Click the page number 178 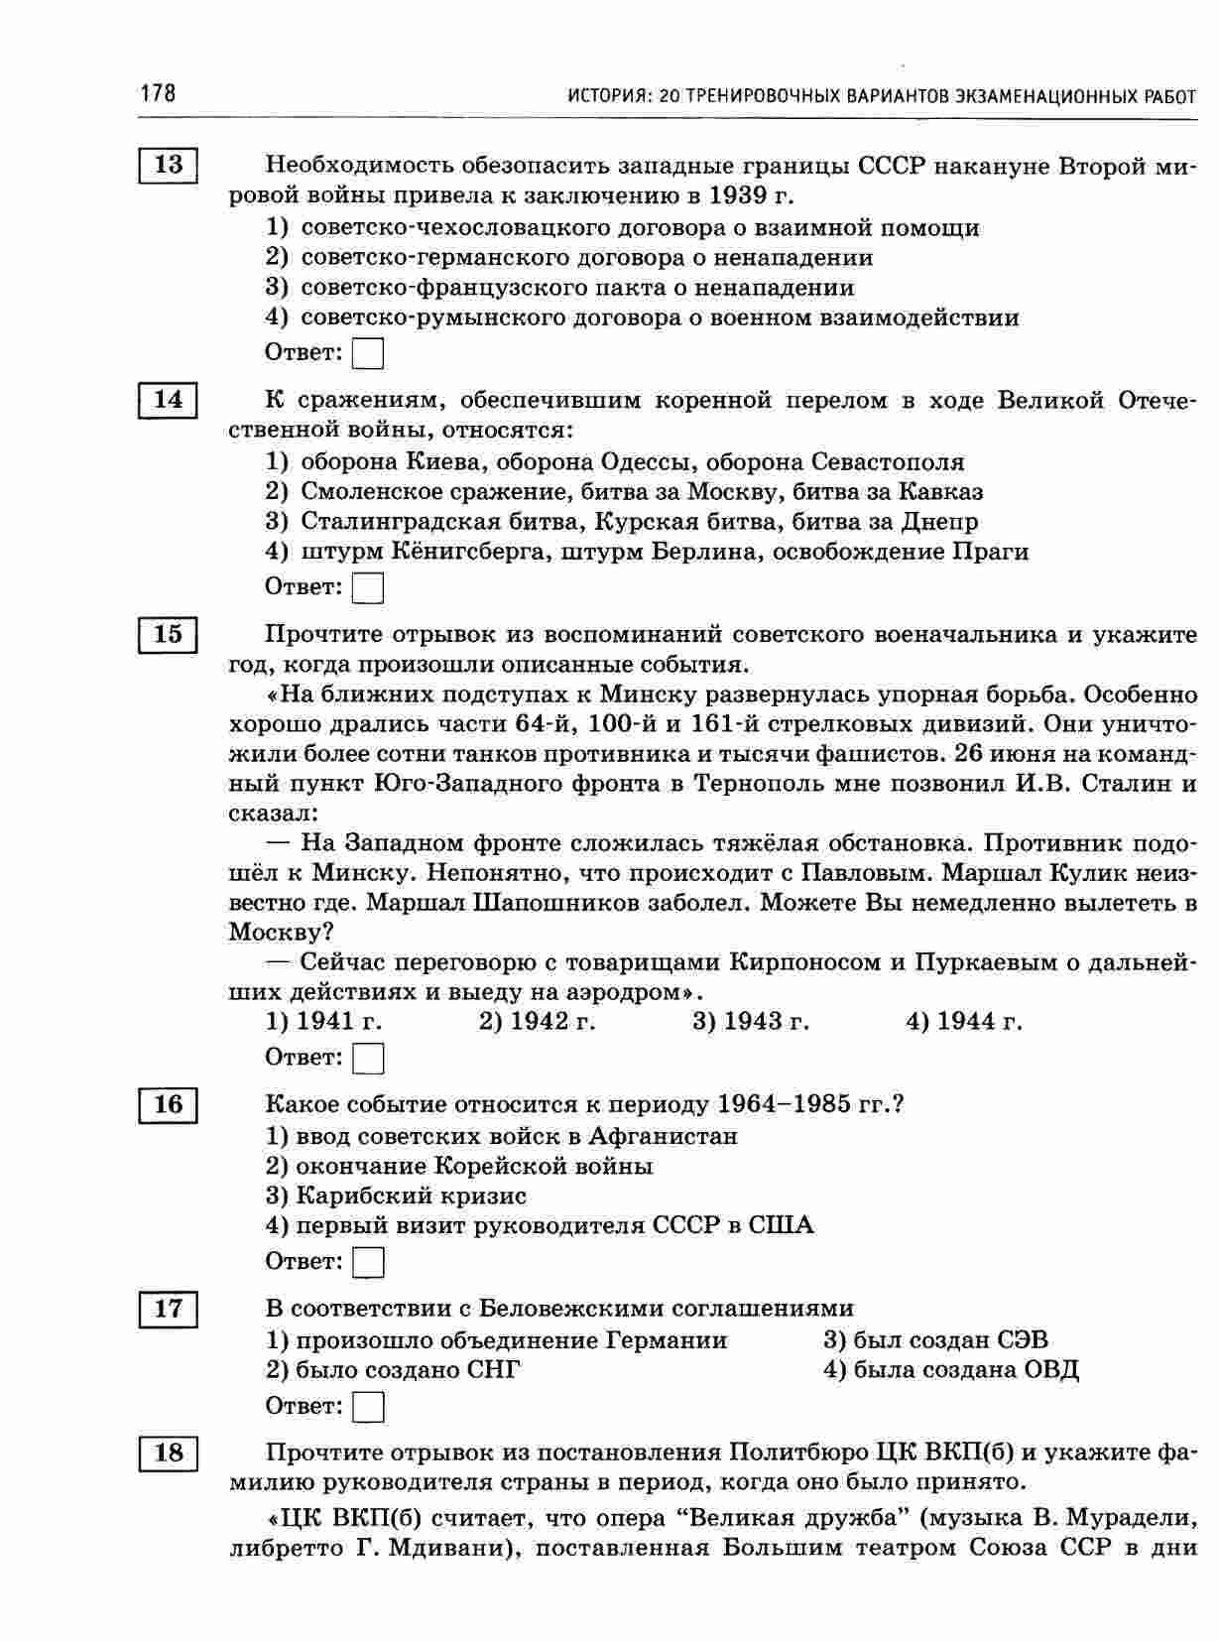[x=158, y=94]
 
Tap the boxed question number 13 [x=169, y=165]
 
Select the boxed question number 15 [x=169, y=634]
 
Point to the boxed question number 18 [x=169, y=1453]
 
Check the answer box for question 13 [x=368, y=353]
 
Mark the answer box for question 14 [x=368, y=588]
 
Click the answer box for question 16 [x=368, y=1262]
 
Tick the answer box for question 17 [x=368, y=1407]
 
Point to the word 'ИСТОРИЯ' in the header [x=604, y=97]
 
